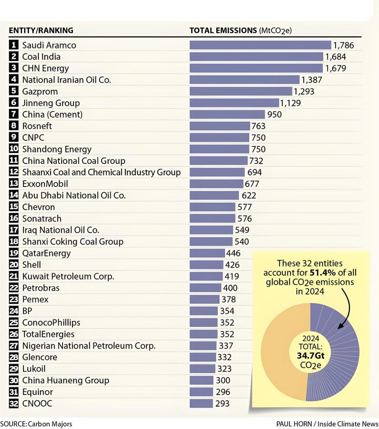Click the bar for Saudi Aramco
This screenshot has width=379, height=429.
(260, 45)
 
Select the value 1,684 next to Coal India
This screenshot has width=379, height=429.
(336, 57)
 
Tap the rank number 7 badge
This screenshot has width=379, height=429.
(14, 114)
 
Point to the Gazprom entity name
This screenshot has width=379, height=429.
(40, 91)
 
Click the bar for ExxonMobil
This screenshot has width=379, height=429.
(216, 184)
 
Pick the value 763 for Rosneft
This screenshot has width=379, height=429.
(258, 126)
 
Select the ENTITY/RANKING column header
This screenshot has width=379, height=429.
(41, 30)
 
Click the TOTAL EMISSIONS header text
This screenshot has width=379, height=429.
(223, 30)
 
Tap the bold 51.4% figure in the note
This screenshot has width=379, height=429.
(323, 273)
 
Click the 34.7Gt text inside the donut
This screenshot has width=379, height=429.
(311, 355)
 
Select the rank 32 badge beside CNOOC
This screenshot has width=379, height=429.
(14, 404)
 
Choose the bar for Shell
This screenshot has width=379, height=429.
(206, 265)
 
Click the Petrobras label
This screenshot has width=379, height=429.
(41, 288)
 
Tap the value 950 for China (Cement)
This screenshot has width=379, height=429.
(274, 115)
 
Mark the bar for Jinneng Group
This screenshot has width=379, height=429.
(234, 103)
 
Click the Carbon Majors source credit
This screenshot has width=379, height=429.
(50, 424)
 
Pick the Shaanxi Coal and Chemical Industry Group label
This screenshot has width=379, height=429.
(101, 172)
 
